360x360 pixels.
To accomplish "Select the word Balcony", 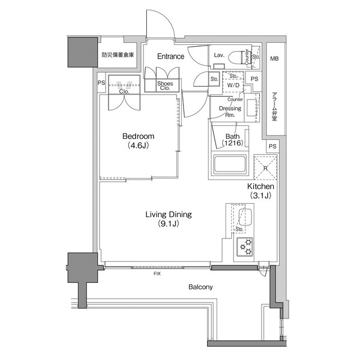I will (x=200, y=287).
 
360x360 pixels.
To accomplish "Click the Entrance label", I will (x=170, y=56).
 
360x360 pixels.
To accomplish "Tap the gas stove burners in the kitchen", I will (x=246, y=245).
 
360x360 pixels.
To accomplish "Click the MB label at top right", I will (x=274, y=58).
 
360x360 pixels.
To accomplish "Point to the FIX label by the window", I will (x=156, y=274).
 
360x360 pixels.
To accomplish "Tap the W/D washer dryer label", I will (x=233, y=85).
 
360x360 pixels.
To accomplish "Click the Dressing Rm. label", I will (x=230, y=111).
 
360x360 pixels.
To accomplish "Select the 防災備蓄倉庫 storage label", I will (x=118, y=56).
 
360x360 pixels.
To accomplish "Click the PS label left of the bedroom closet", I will (x=101, y=83).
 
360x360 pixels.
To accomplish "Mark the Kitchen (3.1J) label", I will (x=260, y=191).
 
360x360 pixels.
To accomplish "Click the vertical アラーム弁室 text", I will (x=274, y=106).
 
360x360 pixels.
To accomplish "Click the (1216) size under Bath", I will (x=232, y=144).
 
